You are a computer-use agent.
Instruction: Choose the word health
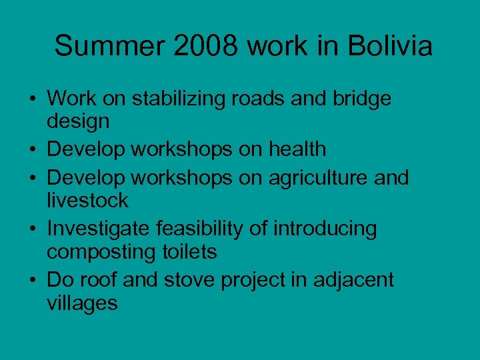tap(297, 149)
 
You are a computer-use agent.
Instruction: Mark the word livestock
tap(87, 200)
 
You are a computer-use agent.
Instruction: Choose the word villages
tap(82, 303)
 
